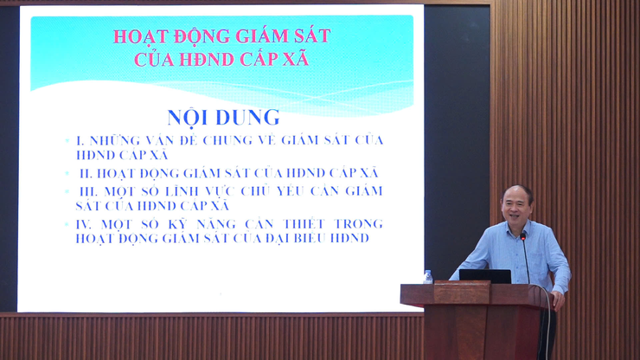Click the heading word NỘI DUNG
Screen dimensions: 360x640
(x=223, y=117)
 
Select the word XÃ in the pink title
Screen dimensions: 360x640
(x=293, y=60)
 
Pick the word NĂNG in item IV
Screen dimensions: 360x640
(x=206, y=223)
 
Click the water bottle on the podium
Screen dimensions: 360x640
(x=427, y=277)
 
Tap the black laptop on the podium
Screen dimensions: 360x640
(x=484, y=276)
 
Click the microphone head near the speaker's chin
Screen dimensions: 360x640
(x=522, y=235)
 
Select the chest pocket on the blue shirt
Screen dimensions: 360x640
(x=537, y=251)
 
